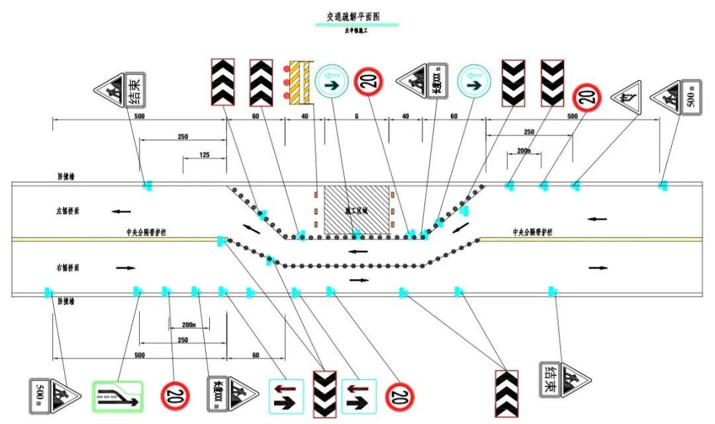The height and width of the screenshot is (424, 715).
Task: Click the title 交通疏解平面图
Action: pyautogui.click(x=358, y=17)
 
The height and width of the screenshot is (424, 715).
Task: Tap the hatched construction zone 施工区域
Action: pyautogui.click(x=356, y=209)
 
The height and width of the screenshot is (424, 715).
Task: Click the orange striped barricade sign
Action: pyautogui.click(x=300, y=82)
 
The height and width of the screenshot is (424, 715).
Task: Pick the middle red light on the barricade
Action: pyautogui.click(x=285, y=83)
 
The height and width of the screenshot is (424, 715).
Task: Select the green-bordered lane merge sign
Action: pyautogui.click(x=117, y=396)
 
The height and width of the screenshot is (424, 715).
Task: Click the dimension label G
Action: pyautogui.click(x=356, y=116)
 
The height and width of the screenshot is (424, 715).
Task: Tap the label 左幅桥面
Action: pyautogui.click(x=68, y=211)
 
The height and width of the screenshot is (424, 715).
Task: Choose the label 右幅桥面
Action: pyautogui.click(x=68, y=267)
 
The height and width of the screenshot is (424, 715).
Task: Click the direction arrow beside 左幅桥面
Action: pyautogui.click(x=120, y=212)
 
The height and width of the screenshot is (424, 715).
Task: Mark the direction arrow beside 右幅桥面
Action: pyautogui.click(x=125, y=268)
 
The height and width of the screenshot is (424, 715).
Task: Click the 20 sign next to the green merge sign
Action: pyautogui.click(x=175, y=396)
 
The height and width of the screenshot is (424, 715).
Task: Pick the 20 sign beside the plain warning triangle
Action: pyautogui.click(x=586, y=97)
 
